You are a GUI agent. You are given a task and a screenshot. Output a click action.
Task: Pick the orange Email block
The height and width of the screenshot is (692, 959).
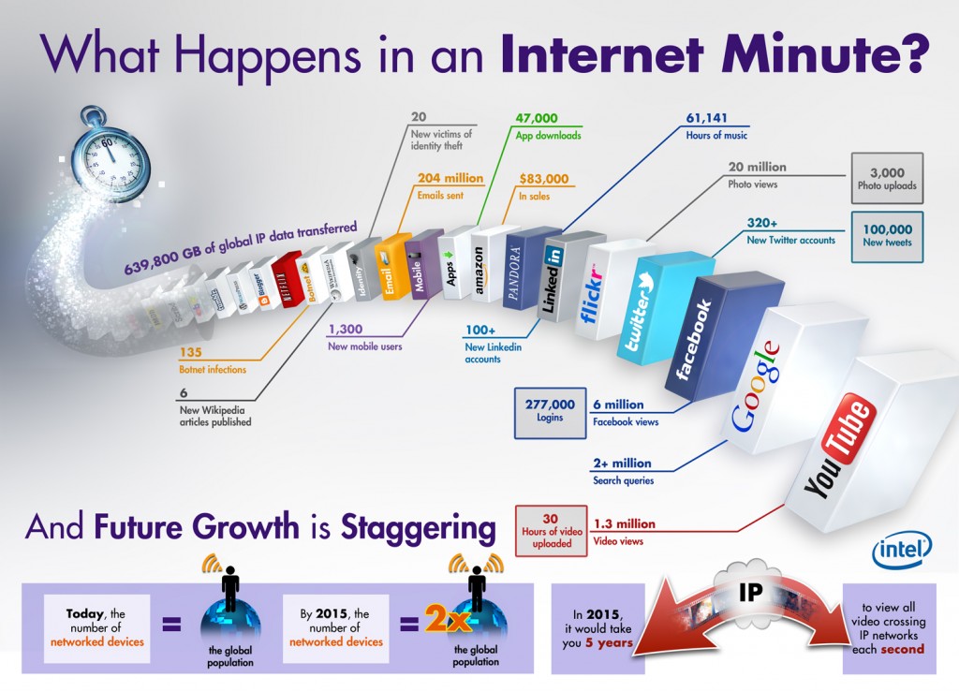[391, 272]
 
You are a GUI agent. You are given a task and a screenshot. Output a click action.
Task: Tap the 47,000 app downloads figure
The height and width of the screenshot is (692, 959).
[537, 119]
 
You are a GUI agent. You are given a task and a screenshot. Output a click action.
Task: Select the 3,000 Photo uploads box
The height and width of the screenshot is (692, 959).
[887, 178]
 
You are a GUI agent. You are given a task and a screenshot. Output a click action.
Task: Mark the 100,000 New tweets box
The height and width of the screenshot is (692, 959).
[887, 235]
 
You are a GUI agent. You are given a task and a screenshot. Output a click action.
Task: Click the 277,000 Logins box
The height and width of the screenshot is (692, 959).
[549, 412]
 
